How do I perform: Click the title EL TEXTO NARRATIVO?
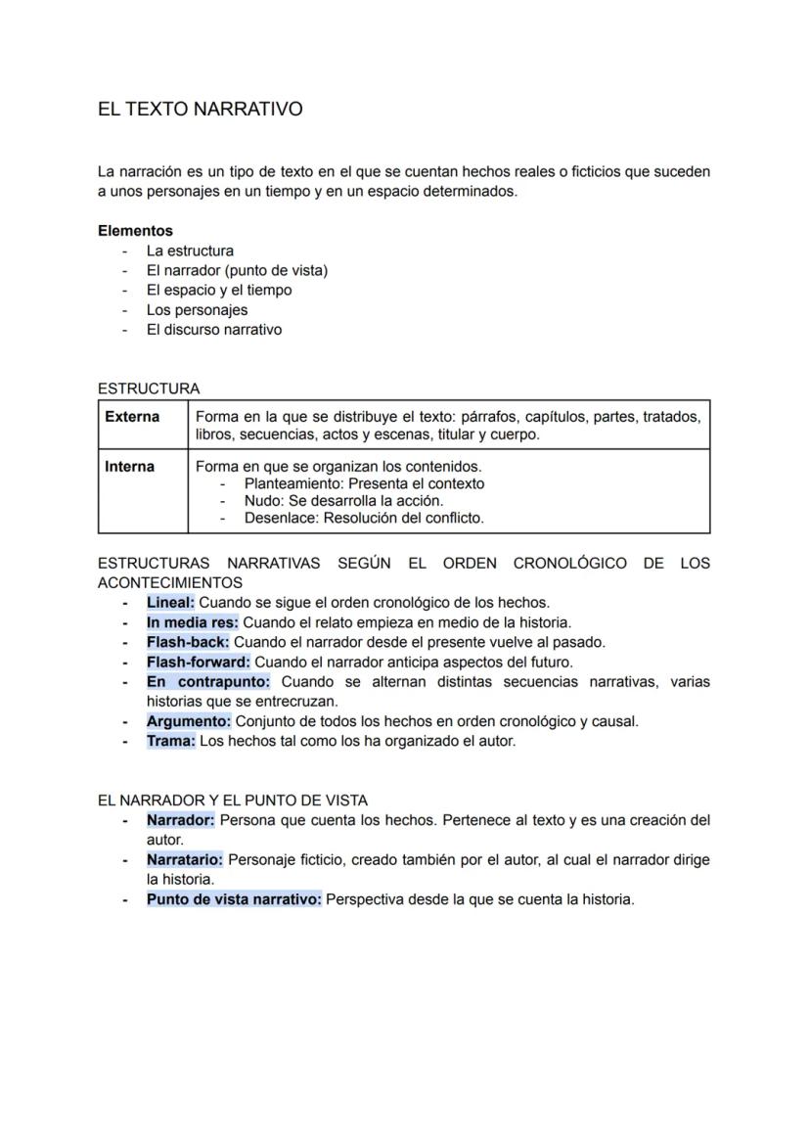click(x=200, y=110)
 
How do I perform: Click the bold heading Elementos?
click(x=135, y=231)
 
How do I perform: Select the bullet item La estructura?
click(x=190, y=251)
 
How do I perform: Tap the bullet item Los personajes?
click(x=197, y=310)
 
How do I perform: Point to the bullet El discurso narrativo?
click(x=213, y=330)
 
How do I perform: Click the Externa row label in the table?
click(x=132, y=417)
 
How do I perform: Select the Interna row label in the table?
click(x=129, y=467)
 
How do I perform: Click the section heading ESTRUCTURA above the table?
click(x=149, y=389)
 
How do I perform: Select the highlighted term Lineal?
click(x=170, y=603)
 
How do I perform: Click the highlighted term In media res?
click(x=192, y=622)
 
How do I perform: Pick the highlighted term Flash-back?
click(x=188, y=642)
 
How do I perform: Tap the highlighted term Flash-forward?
click(x=199, y=663)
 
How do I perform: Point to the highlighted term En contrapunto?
click(x=207, y=682)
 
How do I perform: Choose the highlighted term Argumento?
click(x=189, y=721)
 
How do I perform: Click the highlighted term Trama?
click(x=170, y=741)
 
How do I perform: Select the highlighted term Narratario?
click(x=185, y=859)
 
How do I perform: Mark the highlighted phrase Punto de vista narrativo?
click(x=234, y=899)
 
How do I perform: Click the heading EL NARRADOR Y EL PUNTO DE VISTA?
click(x=233, y=801)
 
